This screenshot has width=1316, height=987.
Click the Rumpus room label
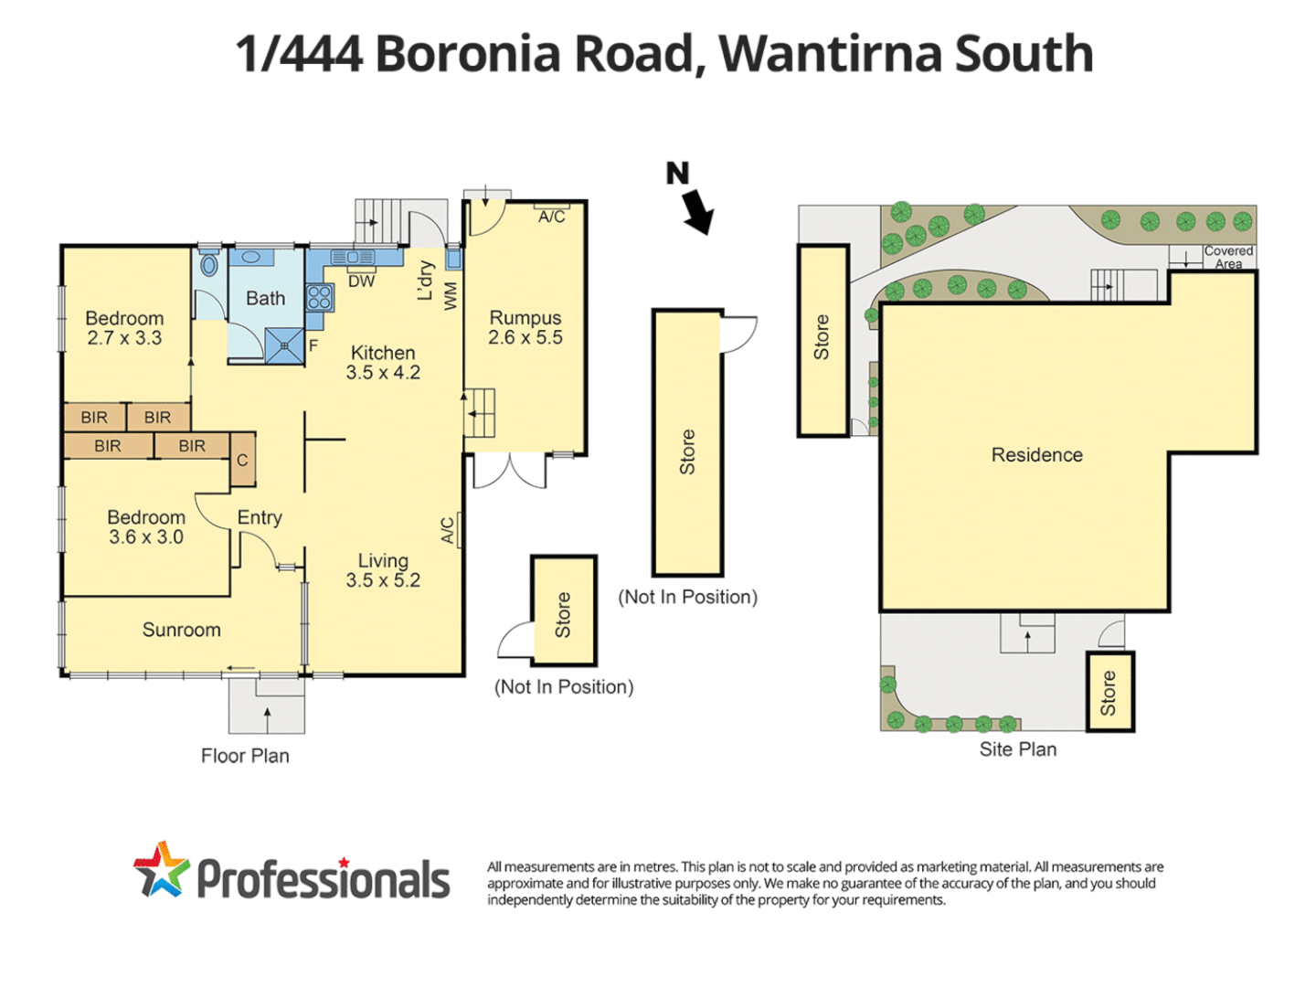[525, 318]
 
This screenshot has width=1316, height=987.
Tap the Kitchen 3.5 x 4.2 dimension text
[383, 373]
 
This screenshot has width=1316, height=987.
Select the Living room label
[383, 561]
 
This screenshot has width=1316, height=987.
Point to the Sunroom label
[181, 630]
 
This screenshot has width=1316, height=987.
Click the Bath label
[265, 298]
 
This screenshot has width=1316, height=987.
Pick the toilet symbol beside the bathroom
[209, 265]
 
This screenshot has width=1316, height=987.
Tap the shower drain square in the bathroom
[284, 345]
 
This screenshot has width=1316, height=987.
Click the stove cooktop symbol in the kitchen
[319, 296]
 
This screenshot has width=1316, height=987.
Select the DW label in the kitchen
[362, 281]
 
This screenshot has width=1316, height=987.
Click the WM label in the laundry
[451, 295]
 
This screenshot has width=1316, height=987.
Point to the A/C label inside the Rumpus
[551, 217]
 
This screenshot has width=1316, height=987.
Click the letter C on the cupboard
[242, 460]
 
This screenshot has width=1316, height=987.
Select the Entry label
[260, 517]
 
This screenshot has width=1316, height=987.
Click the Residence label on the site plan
[1036, 455]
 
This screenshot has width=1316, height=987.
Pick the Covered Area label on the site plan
[1228, 257]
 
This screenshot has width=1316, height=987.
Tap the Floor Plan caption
[245, 756]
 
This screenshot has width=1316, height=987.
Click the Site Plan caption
[1017, 749]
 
